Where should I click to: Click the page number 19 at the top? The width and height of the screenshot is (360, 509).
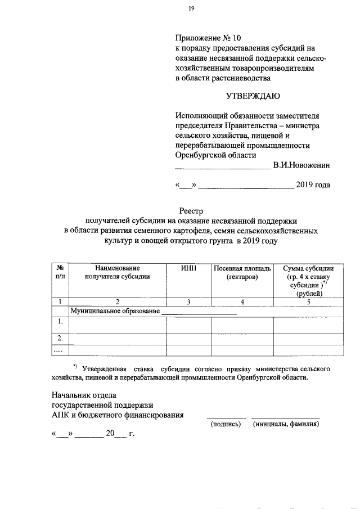192,8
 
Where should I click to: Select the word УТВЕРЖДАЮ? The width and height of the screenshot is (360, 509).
253,96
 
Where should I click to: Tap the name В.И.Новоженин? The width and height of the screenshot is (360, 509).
301,166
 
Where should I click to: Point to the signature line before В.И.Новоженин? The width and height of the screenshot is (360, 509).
223,167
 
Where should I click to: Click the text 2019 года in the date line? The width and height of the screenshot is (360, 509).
313,185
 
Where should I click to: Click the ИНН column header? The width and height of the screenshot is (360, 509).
188,268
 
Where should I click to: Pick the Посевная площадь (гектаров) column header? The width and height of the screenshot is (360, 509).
242,273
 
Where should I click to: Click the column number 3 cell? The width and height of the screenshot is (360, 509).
188,302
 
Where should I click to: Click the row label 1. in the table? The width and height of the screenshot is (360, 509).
59,321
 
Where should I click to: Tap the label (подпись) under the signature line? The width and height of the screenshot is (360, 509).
226,425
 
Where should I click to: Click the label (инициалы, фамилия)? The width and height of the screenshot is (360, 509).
286,425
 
